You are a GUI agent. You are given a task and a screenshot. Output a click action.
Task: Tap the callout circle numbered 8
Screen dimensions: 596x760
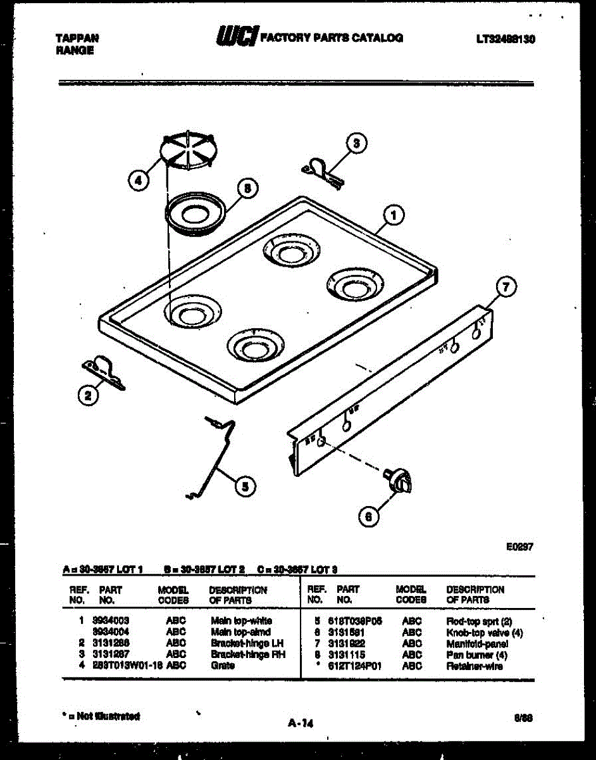(x=247, y=188)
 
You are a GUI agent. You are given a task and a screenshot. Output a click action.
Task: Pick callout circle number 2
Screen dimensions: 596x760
(x=89, y=396)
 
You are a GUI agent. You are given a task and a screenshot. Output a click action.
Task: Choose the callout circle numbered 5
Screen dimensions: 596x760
(x=245, y=486)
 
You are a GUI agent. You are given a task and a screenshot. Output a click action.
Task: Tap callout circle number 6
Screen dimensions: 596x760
(x=369, y=516)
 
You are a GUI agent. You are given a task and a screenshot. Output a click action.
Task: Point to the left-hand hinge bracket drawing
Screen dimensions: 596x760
(x=102, y=372)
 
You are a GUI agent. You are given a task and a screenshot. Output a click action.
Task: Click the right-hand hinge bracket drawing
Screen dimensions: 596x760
(x=323, y=171)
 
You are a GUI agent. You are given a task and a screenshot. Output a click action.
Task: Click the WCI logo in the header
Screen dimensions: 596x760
(x=237, y=37)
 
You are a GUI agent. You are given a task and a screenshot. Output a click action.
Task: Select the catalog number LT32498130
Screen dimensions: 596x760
(x=506, y=39)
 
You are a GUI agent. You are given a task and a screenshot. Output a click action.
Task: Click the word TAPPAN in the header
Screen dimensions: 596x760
(x=77, y=38)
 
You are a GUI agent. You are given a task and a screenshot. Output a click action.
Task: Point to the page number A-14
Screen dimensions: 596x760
(x=301, y=723)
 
